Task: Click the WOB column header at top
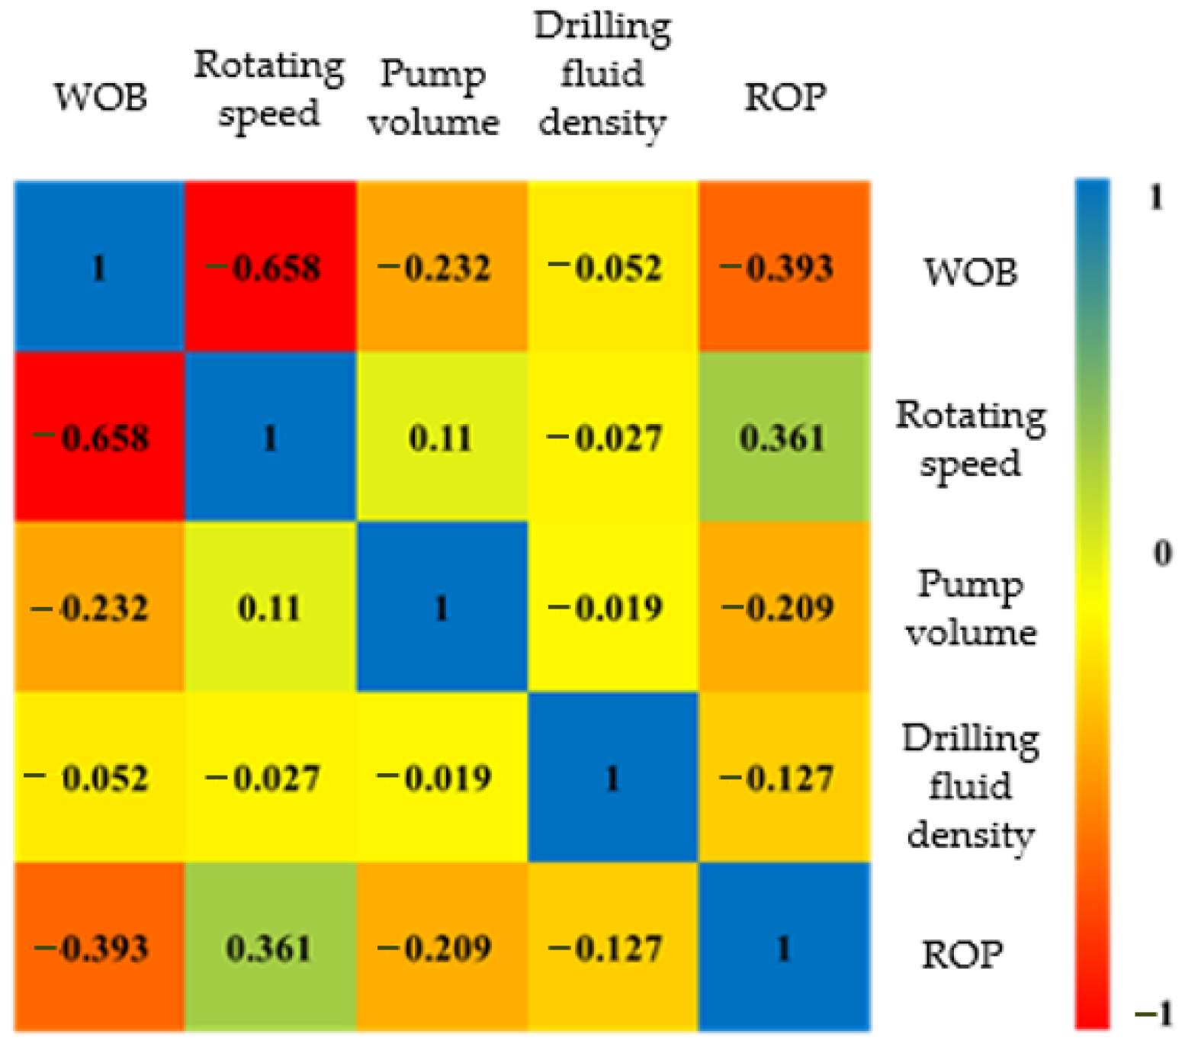click(x=101, y=98)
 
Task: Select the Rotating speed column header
click(x=269, y=88)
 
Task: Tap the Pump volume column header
click(x=434, y=98)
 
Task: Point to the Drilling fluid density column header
click(x=602, y=74)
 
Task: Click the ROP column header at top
click(x=785, y=98)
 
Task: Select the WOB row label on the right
click(x=971, y=271)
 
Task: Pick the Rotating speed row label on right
click(x=971, y=439)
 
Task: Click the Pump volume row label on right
click(x=971, y=608)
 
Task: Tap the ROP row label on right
click(x=962, y=954)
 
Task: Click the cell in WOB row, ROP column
click(x=784, y=267)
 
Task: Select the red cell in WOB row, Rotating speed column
click(x=270, y=267)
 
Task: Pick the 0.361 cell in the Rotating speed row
click(x=784, y=437)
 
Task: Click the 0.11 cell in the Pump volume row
click(x=270, y=608)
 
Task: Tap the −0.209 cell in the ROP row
click(x=442, y=948)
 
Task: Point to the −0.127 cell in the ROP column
click(x=784, y=778)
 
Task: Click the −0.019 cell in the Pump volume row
click(x=612, y=608)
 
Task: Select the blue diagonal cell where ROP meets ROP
click(x=784, y=948)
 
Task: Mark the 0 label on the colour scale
click(x=1162, y=552)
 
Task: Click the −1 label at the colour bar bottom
click(x=1155, y=1014)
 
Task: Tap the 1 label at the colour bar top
click(x=1156, y=198)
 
